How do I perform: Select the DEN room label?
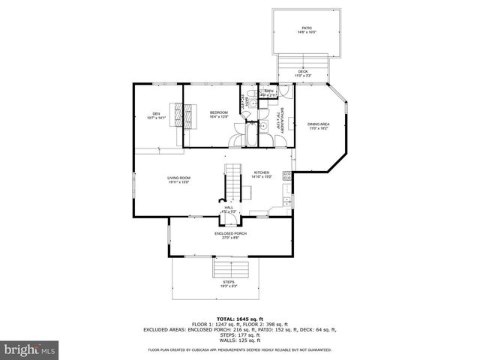click(155, 115)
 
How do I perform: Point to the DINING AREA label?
click(319, 126)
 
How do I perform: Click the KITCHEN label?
click(261, 174)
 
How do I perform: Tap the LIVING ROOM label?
click(178, 179)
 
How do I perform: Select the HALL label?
click(229, 208)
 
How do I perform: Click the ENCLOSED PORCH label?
click(230, 235)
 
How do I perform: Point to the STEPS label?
click(229, 283)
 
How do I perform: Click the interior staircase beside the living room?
click(233, 180)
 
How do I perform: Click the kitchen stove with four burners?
click(286, 177)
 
